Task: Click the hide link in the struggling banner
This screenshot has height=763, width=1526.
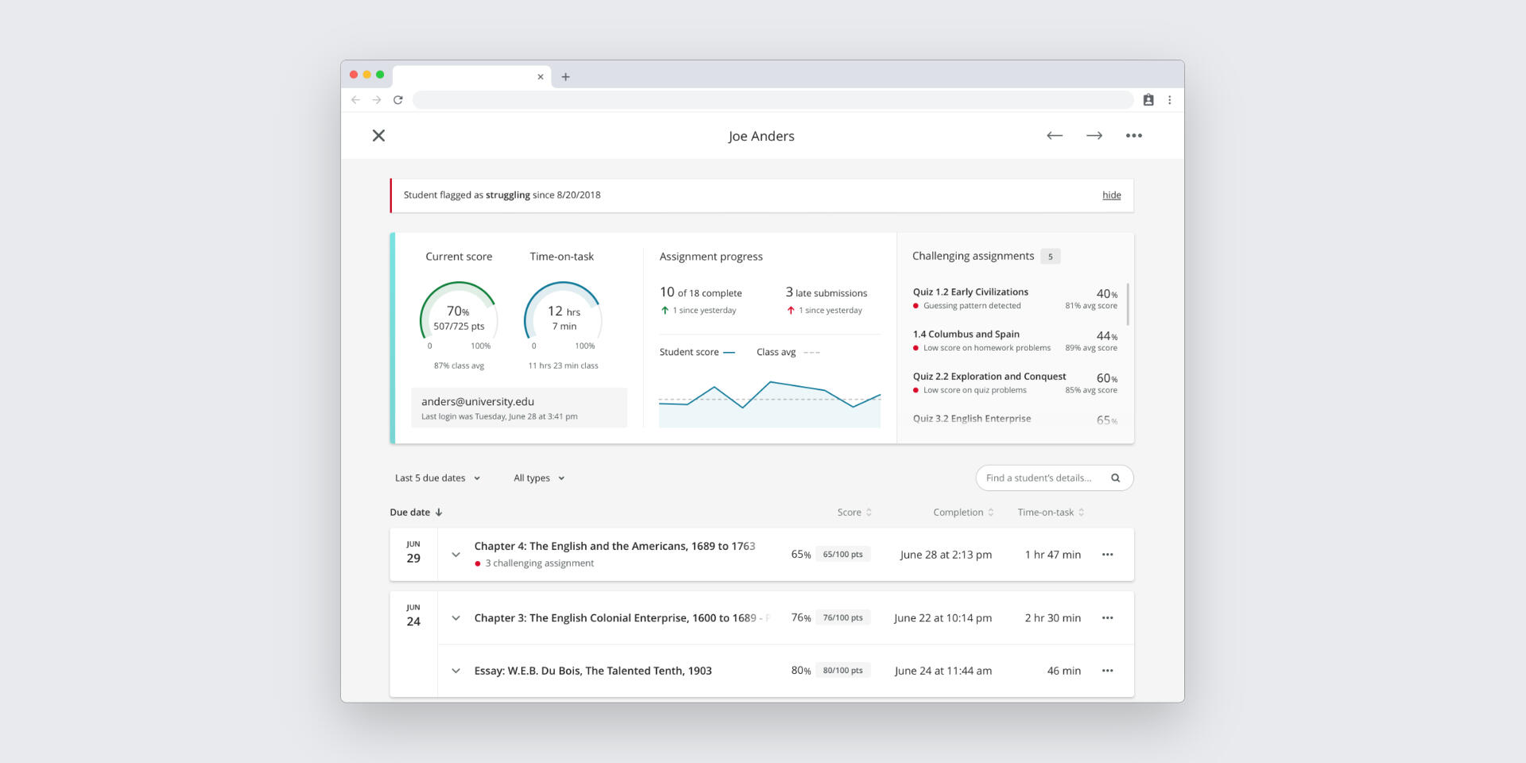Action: [x=1111, y=196]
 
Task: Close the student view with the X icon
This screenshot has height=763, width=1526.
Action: [x=379, y=136]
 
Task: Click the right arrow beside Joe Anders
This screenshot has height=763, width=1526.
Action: [x=1094, y=136]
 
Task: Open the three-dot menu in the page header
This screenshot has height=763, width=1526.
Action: [x=1133, y=136]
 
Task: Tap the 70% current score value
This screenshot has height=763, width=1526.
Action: [x=458, y=312]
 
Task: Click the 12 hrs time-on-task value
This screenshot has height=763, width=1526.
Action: [x=564, y=312]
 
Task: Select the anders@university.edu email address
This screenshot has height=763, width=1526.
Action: [x=478, y=402]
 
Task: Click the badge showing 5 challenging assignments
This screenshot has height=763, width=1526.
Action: [x=1050, y=257]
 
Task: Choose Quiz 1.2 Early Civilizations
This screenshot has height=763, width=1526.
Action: [x=970, y=292]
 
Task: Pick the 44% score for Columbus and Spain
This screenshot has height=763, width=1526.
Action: [x=1106, y=336]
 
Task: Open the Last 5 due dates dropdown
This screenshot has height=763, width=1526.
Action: [x=438, y=478]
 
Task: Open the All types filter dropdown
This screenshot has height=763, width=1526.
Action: [x=539, y=478]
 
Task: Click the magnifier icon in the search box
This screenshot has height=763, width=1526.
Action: [x=1115, y=478]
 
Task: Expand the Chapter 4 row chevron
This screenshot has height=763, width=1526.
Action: [x=455, y=555]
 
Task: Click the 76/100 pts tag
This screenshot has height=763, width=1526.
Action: [x=842, y=618]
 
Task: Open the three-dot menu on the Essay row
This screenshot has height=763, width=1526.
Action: [x=1107, y=671]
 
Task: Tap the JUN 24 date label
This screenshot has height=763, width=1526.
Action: [x=413, y=617]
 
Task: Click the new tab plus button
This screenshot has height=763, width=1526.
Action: [x=566, y=77]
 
